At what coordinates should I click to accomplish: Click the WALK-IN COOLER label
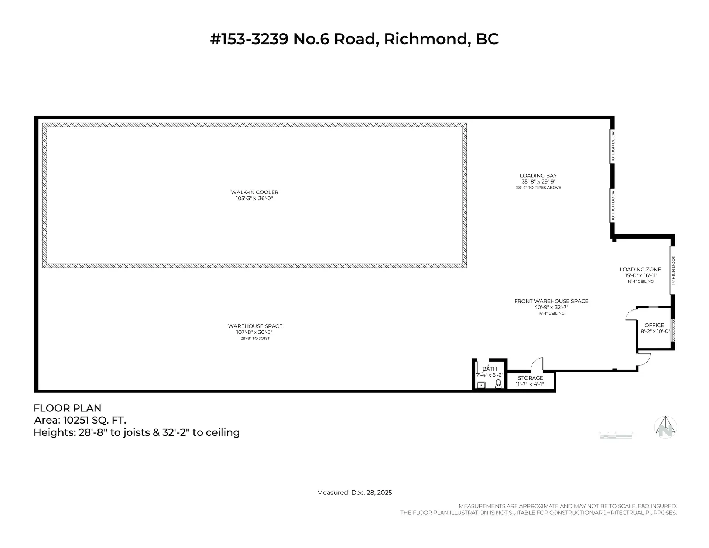click(x=254, y=192)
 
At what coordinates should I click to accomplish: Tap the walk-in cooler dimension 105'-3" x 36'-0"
click(x=254, y=199)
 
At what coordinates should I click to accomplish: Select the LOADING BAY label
click(x=538, y=175)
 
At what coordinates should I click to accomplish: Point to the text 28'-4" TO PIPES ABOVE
click(x=538, y=188)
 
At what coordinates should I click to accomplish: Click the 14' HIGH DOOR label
click(x=674, y=270)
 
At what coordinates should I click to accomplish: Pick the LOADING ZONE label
click(x=640, y=270)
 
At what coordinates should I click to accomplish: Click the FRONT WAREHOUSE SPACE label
click(x=551, y=301)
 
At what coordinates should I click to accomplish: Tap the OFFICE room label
click(x=654, y=325)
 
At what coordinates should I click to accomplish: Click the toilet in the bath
click(x=498, y=383)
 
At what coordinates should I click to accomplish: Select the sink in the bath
click(x=481, y=385)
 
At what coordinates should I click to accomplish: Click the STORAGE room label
click(x=530, y=378)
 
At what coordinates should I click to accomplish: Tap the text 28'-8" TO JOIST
click(x=255, y=338)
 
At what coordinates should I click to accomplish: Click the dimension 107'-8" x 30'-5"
click(x=254, y=332)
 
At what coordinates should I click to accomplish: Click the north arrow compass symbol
click(x=665, y=427)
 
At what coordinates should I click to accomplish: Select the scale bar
click(x=616, y=436)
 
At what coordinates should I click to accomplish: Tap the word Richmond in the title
click(x=427, y=39)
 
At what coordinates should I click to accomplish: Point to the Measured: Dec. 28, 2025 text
click(x=354, y=493)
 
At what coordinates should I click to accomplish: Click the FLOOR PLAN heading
click(x=67, y=408)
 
